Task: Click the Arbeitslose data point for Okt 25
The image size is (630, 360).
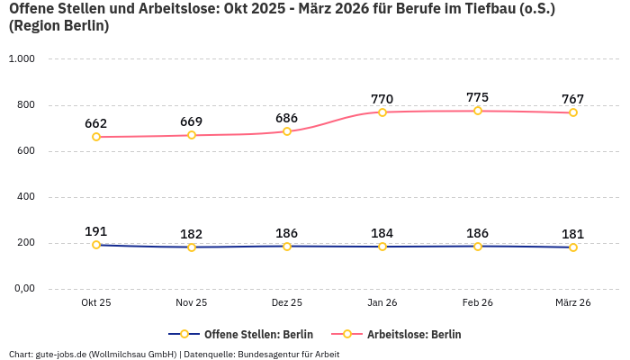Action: [x=96, y=137]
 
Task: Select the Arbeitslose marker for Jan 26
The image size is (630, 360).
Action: [x=382, y=112]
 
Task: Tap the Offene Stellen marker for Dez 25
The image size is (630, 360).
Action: [x=287, y=246]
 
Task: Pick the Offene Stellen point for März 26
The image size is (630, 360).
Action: [x=573, y=247]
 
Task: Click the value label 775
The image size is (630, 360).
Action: [x=478, y=97]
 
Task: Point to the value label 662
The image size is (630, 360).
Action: [x=96, y=123]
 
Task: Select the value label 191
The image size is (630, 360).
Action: [x=96, y=231]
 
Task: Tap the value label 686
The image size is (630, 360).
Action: [x=287, y=118]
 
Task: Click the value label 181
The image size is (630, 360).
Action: [x=573, y=233]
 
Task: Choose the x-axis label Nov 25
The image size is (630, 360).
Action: [x=192, y=303]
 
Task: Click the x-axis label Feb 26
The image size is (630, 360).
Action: [x=478, y=303]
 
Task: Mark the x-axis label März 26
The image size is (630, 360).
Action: [x=573, y=303]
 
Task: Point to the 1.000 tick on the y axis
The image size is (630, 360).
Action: [x=22, y=59]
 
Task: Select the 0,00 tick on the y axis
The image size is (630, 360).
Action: [x=23, y=289]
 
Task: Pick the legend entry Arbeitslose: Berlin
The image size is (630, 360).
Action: [x=414, y=334]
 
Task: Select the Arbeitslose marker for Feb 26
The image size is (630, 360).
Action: [x=478, y=111]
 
